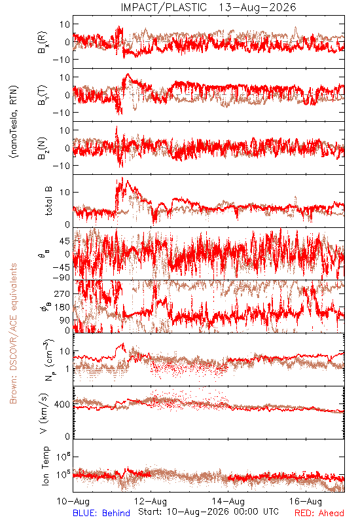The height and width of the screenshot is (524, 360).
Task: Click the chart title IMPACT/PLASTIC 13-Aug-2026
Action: [208, 7]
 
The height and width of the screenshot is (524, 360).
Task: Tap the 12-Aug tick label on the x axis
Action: [151, 501]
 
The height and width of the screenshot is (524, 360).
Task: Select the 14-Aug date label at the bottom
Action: [228, 501]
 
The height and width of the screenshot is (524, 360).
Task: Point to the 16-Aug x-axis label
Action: [306, 501]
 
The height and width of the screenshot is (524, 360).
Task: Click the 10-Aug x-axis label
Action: [73, 501]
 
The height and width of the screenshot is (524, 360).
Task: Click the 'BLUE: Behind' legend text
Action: [101, 513]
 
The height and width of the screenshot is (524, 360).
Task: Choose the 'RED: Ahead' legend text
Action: [319, 513]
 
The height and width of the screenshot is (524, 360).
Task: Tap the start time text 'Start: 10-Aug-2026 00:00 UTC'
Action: [208, 512]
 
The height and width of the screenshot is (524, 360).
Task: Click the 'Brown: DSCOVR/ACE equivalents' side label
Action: [13, 333]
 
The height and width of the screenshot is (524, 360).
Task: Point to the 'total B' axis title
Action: [48, 201]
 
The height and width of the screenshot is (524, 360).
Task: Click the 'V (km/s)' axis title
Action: [44, 413]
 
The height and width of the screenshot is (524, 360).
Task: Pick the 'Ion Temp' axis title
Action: [45, 466]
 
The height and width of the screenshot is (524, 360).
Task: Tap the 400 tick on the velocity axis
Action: [62, 405]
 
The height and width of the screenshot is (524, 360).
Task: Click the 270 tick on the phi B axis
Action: [62, 293]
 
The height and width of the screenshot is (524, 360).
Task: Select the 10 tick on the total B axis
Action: [65, 193]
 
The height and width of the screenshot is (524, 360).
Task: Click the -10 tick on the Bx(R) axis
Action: [61, 60]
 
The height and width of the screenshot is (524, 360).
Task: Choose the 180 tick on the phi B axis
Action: [62, 307]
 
